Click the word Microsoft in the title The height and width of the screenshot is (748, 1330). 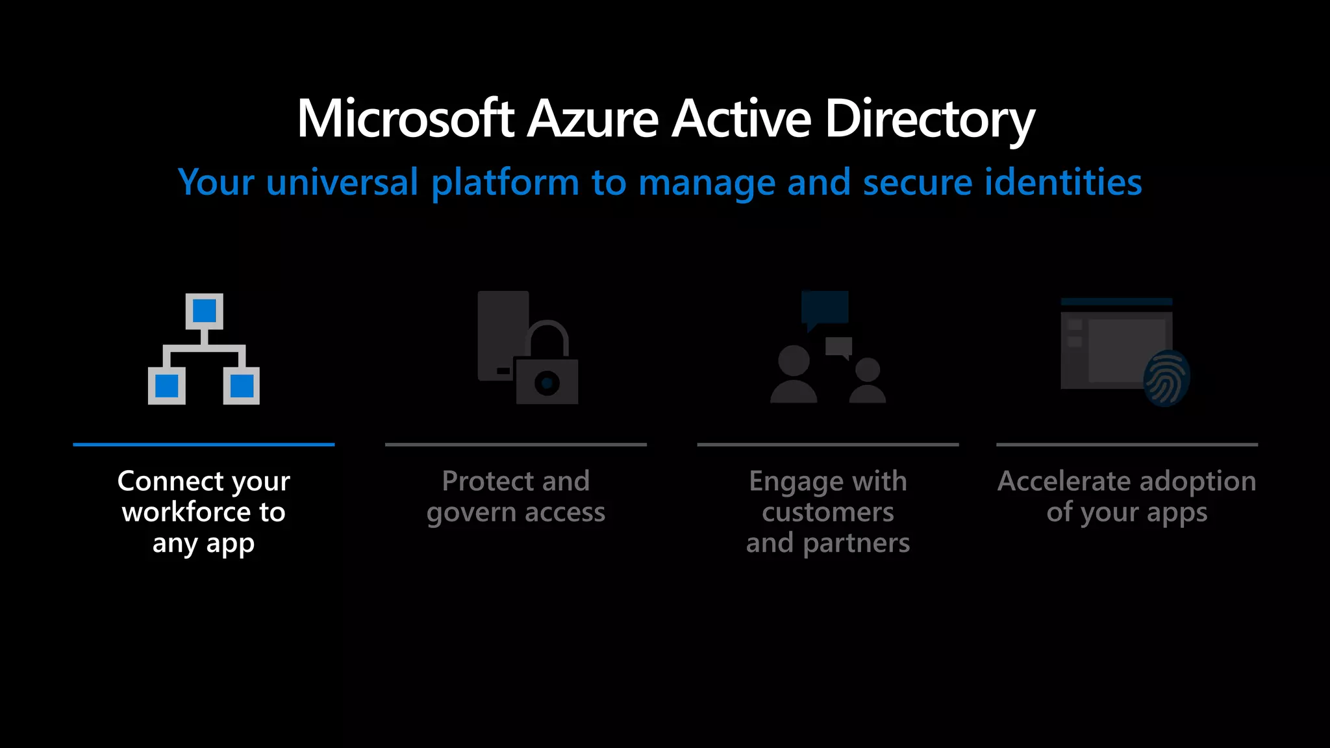[x=405, y=119]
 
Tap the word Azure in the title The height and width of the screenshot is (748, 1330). [x=592, y=119]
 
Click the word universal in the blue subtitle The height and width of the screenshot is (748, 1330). [x=342, y=182]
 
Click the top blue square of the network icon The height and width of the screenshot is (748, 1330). [x=204, y=311]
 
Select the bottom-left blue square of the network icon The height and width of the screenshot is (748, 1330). [x=167, y=386]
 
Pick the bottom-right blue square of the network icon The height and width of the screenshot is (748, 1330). [x=242, y=386]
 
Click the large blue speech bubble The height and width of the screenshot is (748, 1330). [x=825, y=308]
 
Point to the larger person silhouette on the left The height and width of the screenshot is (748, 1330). [x=794, y=375]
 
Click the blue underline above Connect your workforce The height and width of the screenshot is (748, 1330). [x=204, y=445]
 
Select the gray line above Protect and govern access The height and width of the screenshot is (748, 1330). [x=516, y=445]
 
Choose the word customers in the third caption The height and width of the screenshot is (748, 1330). [x=828, y=512]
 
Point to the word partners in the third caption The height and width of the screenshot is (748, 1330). [x=857, y=543]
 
